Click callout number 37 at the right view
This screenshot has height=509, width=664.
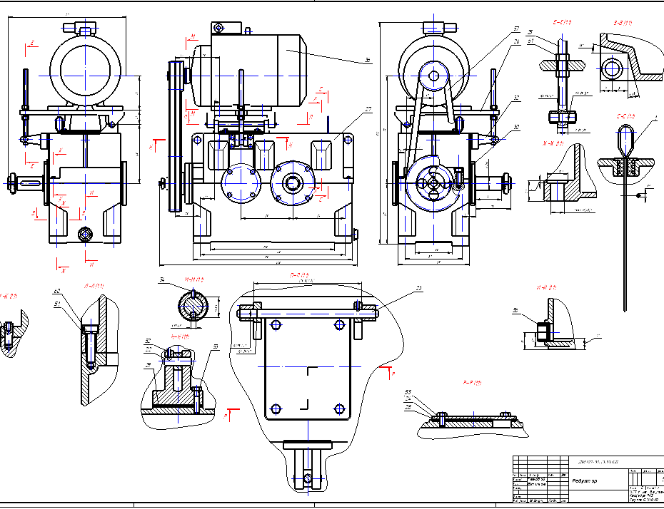[x=515, y=29]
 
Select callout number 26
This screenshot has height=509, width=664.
[x=515, y=42]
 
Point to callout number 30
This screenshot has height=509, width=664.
[x=515, y=128]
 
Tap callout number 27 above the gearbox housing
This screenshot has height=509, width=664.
[x=368, y=109]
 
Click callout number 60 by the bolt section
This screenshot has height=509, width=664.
[x=56, y=291]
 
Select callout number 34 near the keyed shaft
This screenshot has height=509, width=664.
[x=163, y=279]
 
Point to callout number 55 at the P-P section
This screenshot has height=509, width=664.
[x=408, y=392]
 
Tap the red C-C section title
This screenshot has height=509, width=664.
[x=625, y=115]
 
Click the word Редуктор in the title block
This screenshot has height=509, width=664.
[x=585, y=481]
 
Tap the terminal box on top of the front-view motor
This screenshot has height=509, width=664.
[x=226, y=28]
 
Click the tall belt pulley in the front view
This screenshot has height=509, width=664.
[x=175, y=135]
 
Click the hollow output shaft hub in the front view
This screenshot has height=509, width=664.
[x=292, y=182]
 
